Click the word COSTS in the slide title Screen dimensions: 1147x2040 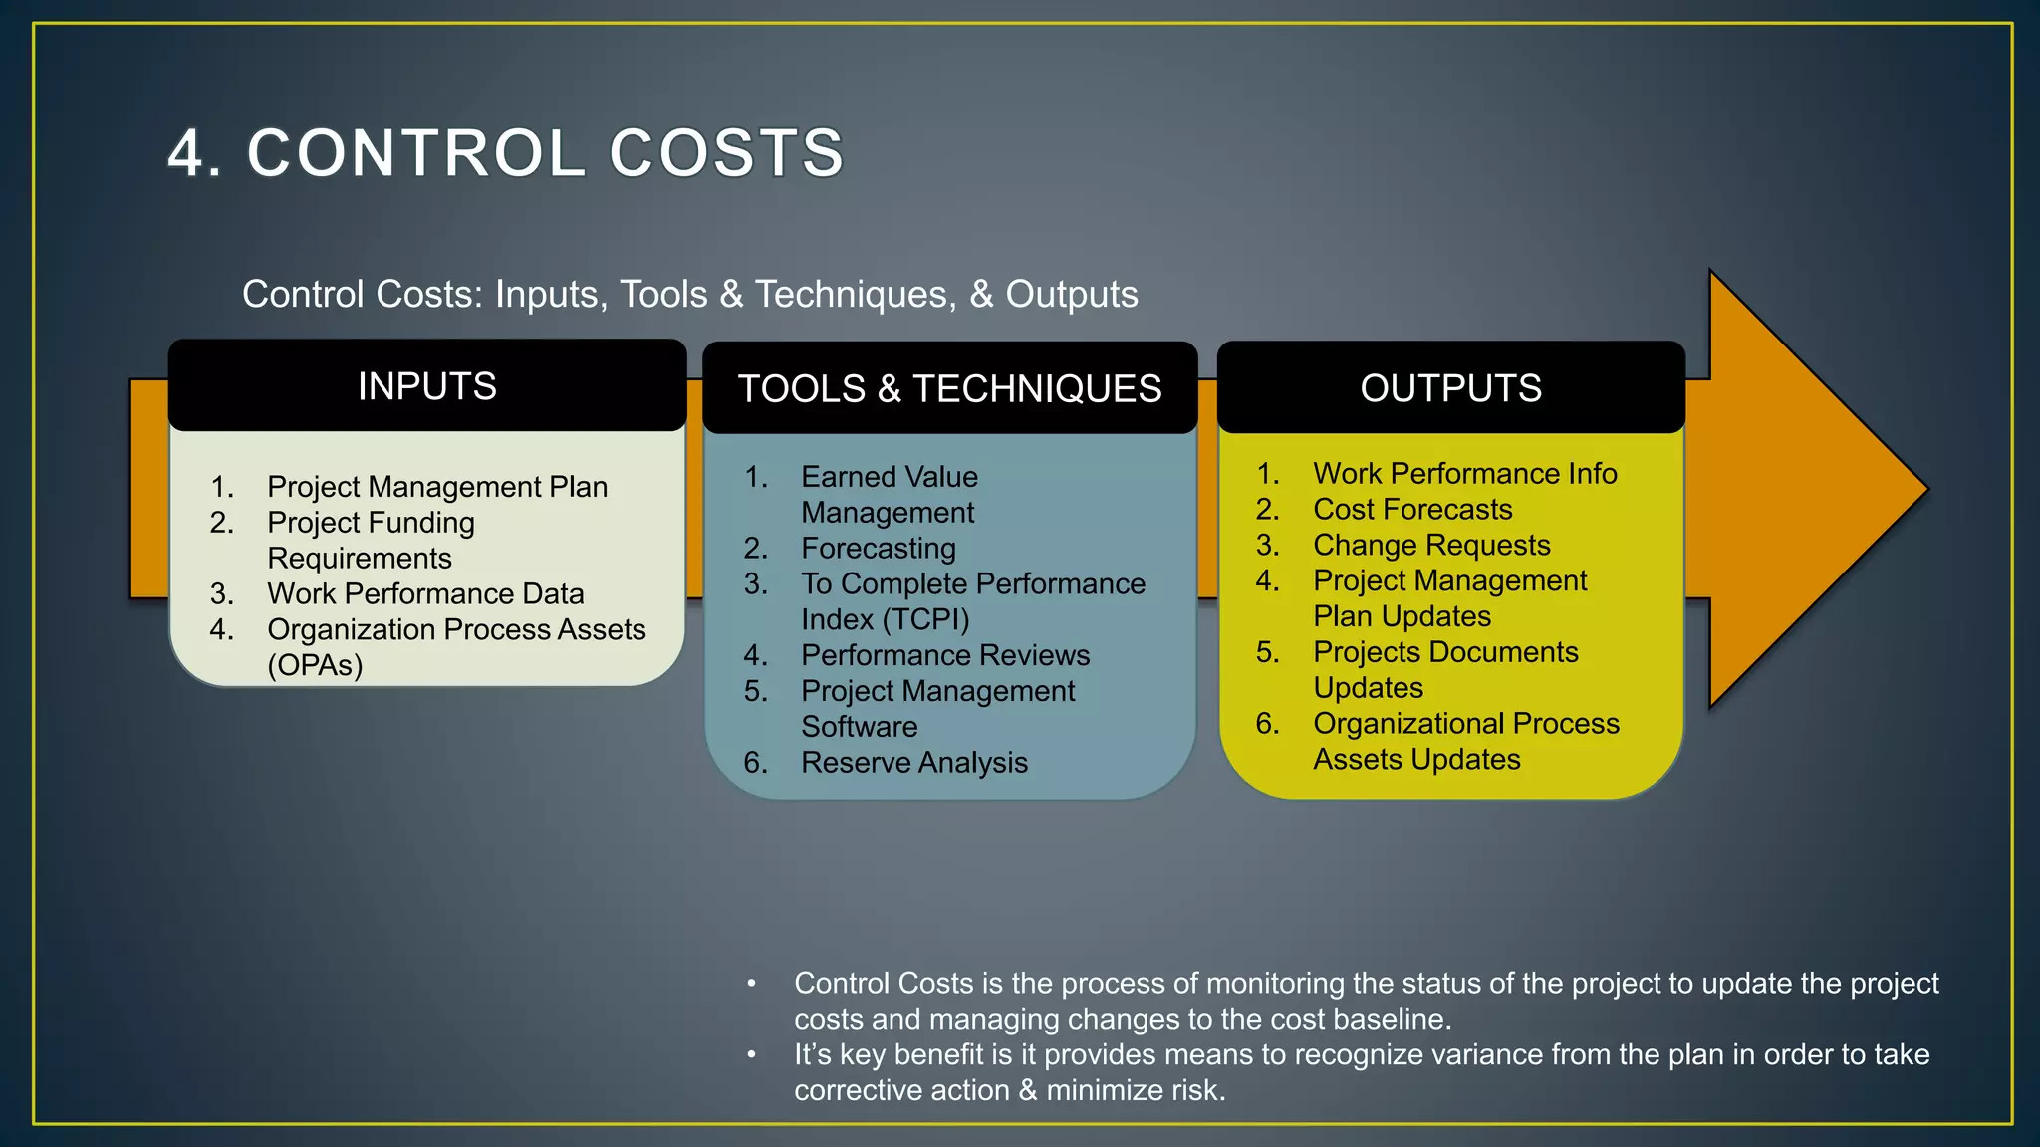coord(726,154)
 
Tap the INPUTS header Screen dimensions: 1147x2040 coord(426,386)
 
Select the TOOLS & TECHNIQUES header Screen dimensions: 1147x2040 coord(949,388)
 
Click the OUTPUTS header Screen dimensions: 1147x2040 coord(1450,388)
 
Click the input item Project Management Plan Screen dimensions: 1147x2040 coord(436,487)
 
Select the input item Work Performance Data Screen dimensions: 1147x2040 coord(425,594)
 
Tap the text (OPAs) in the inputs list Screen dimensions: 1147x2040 coord(315,665)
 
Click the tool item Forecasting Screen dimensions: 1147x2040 coord(878,549)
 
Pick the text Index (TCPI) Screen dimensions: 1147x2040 coord(885,619)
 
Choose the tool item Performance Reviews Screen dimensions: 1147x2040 coord(944,655)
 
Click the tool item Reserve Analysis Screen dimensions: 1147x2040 coord(913,763)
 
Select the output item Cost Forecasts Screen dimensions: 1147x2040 coord(1411,510)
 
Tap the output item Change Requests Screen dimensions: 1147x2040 coord(1430,546)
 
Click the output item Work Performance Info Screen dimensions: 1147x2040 coord(1464,474)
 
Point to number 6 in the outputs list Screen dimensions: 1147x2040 coord(1266,724)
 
